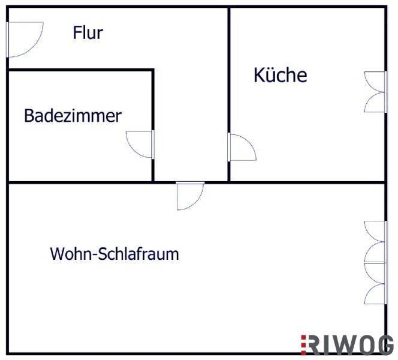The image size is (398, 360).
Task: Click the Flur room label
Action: (x=88, y=32)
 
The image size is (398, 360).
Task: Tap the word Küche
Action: (x=281, y=74)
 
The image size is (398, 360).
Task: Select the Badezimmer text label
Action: (x=73, y=116)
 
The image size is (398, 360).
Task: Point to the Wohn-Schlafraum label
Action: (x=114, y=254)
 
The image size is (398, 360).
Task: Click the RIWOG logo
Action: (x=347, y=345)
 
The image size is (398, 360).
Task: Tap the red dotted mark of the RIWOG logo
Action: (x=303, y=345)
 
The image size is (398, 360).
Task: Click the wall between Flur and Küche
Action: (x=229, y=94)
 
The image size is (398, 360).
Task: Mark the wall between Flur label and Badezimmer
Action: (x=81, y=70)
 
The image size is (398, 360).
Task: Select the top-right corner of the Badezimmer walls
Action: (x=153, y=70)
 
